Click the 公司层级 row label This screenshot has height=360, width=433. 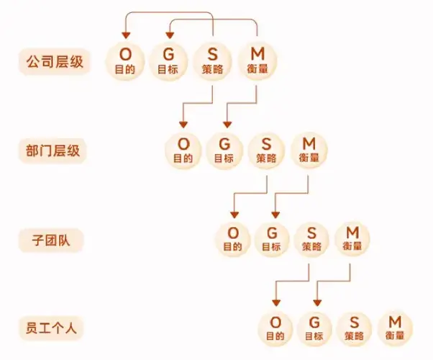[x=55, y=61]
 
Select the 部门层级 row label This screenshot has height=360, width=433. [x=54, y=150]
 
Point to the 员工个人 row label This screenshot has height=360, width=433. [x=55, y=327]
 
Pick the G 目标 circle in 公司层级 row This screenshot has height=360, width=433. [x=168, y=60]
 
